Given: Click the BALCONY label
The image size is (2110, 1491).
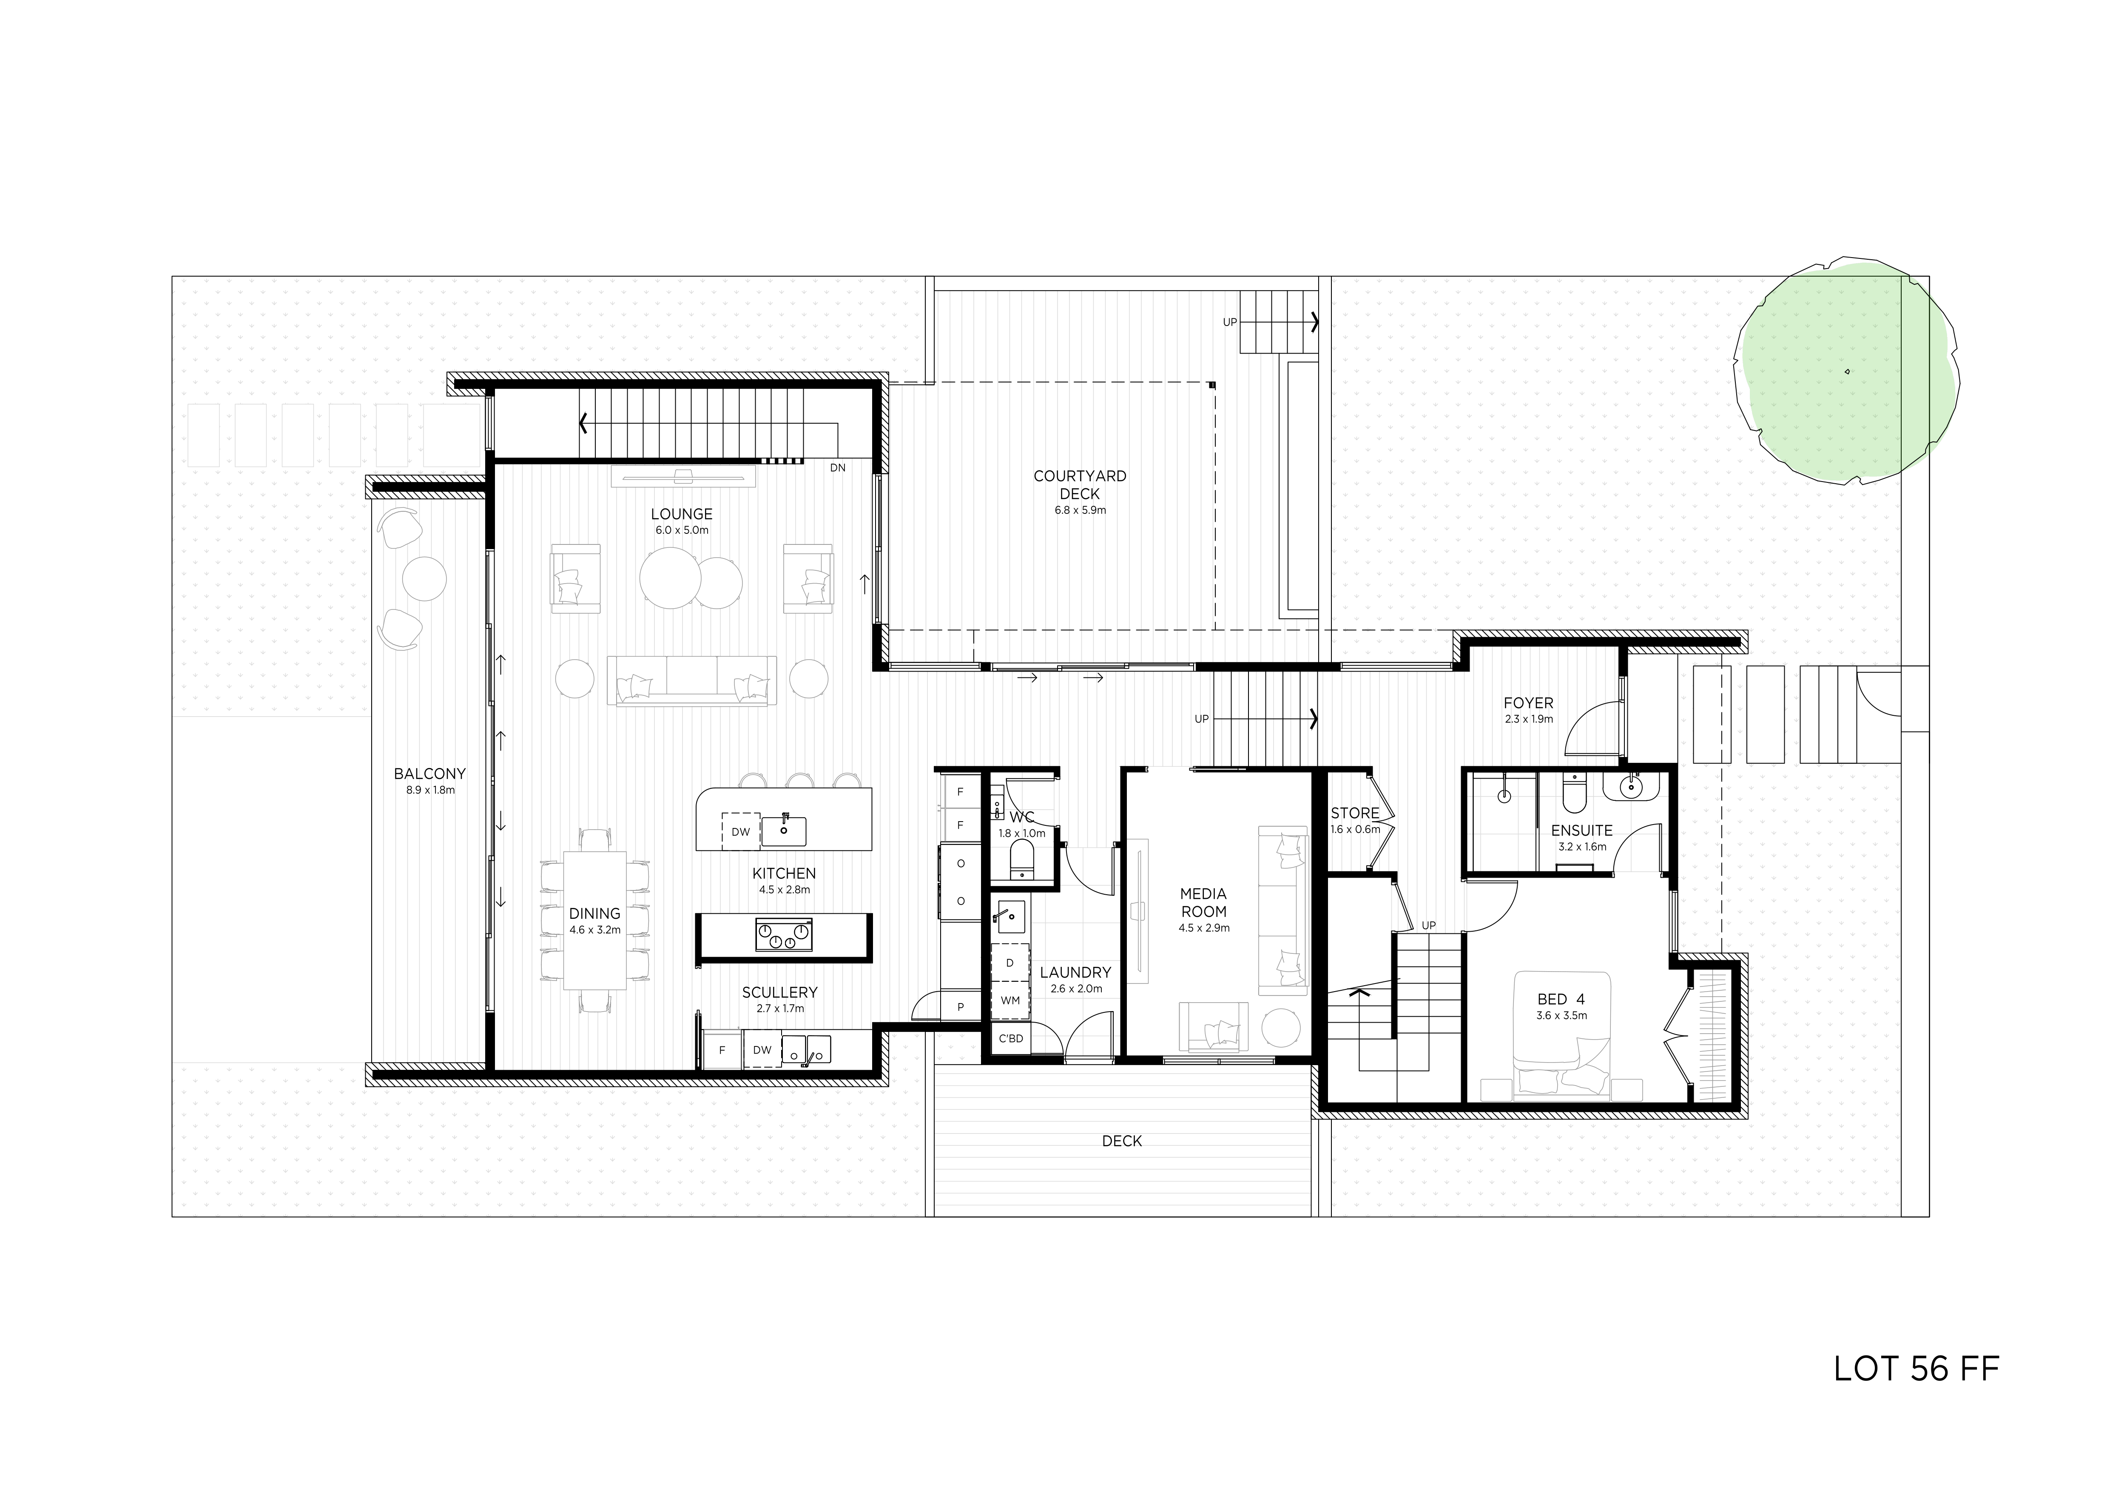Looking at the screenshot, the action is tap(430, 774).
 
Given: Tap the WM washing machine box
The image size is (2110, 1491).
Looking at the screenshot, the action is tap(1010, 1001).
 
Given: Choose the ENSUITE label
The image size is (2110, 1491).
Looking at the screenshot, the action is tap(1581, 831).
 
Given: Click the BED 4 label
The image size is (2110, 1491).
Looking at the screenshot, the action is tap(1561, 1000).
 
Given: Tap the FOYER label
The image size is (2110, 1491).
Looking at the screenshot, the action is tap(1528, 704).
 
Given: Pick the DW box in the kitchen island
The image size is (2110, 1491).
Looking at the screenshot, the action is tap(741, 832).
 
